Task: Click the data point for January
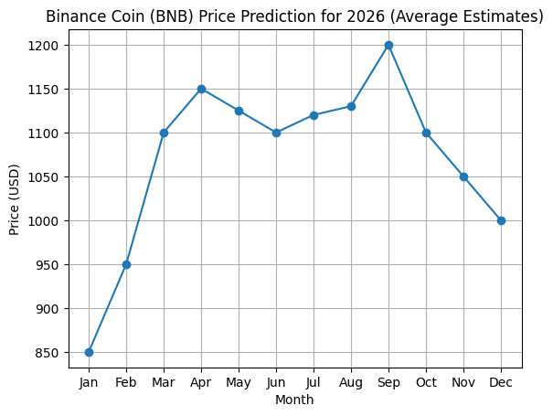tap(89, 352)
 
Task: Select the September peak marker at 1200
tap(388, 45)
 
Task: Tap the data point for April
tap(201, 89)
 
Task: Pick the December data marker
tap(501, 220)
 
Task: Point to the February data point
tap(126, 264)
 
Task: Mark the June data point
tap(276, 133)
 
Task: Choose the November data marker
tap(463, 176)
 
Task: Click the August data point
tap(351, 106)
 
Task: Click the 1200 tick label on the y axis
tap(47, 46)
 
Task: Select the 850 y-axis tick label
tap(50, 353)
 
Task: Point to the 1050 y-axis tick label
tap(47, 177)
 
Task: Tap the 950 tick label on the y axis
tap(50, 265)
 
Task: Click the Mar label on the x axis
tap(164, 381)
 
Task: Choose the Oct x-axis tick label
tap(426, 381)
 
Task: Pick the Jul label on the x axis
tap(314, 381)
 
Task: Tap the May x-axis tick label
tap(239, 381)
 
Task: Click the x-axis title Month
tap(294, 400)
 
